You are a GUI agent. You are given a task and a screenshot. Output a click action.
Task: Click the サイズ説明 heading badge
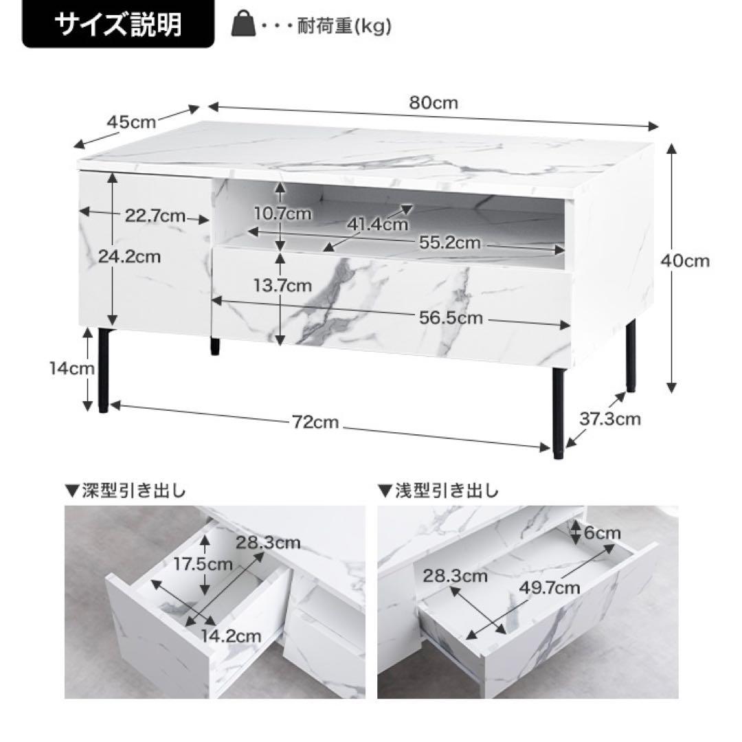117,25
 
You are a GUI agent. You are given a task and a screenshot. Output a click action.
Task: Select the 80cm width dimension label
433,103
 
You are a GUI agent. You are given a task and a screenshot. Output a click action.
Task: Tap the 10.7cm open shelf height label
282,214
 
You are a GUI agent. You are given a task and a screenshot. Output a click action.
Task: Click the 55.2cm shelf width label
450,243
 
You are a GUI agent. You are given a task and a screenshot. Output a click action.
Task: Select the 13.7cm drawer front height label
282,284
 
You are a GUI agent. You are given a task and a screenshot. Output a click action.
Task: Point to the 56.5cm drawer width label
451,318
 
